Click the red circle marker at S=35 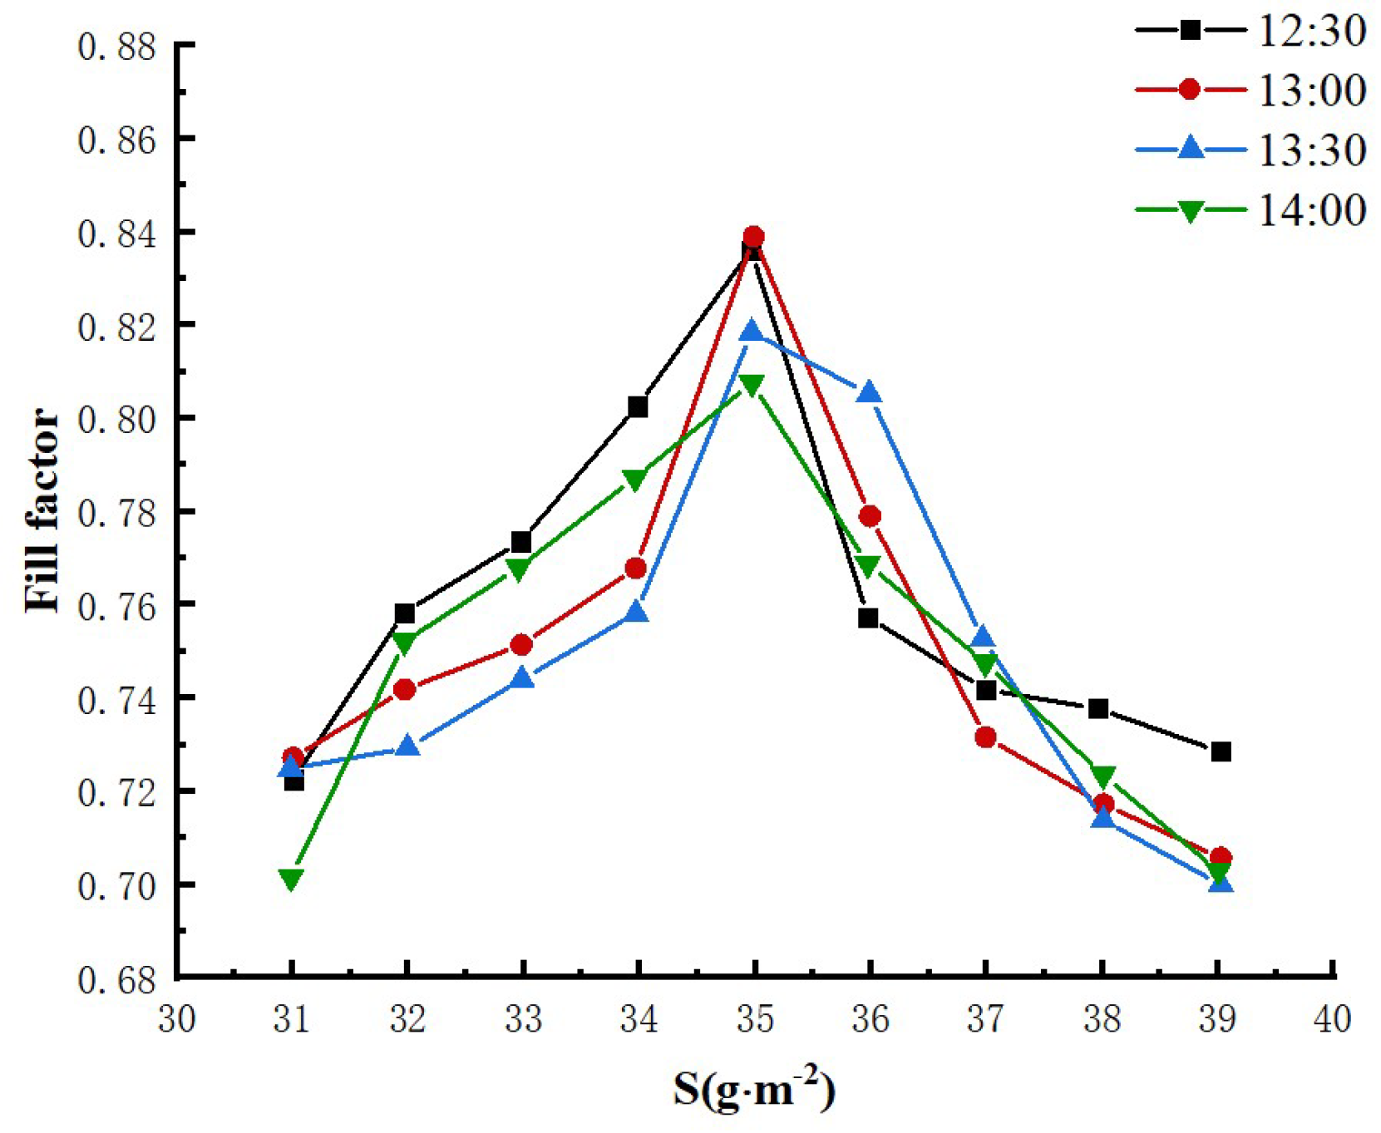coord(753,236)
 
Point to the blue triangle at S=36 coord(869,392)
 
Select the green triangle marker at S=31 coord(291,879)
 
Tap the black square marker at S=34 coord(638,406)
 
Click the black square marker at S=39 coord(1221,751)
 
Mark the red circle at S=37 coord(985,737)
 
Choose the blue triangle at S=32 coord(407,746)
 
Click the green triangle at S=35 coord(752,386)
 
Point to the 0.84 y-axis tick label coord(117,234)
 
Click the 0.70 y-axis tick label coord(117,887)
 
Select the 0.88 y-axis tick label coord(117,47)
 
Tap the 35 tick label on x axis coord(754,1018)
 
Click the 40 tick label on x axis coord(1332,1018)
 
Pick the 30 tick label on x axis coord(177,1018)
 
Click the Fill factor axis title coord(42,510)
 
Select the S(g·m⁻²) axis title coord(754,1089)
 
